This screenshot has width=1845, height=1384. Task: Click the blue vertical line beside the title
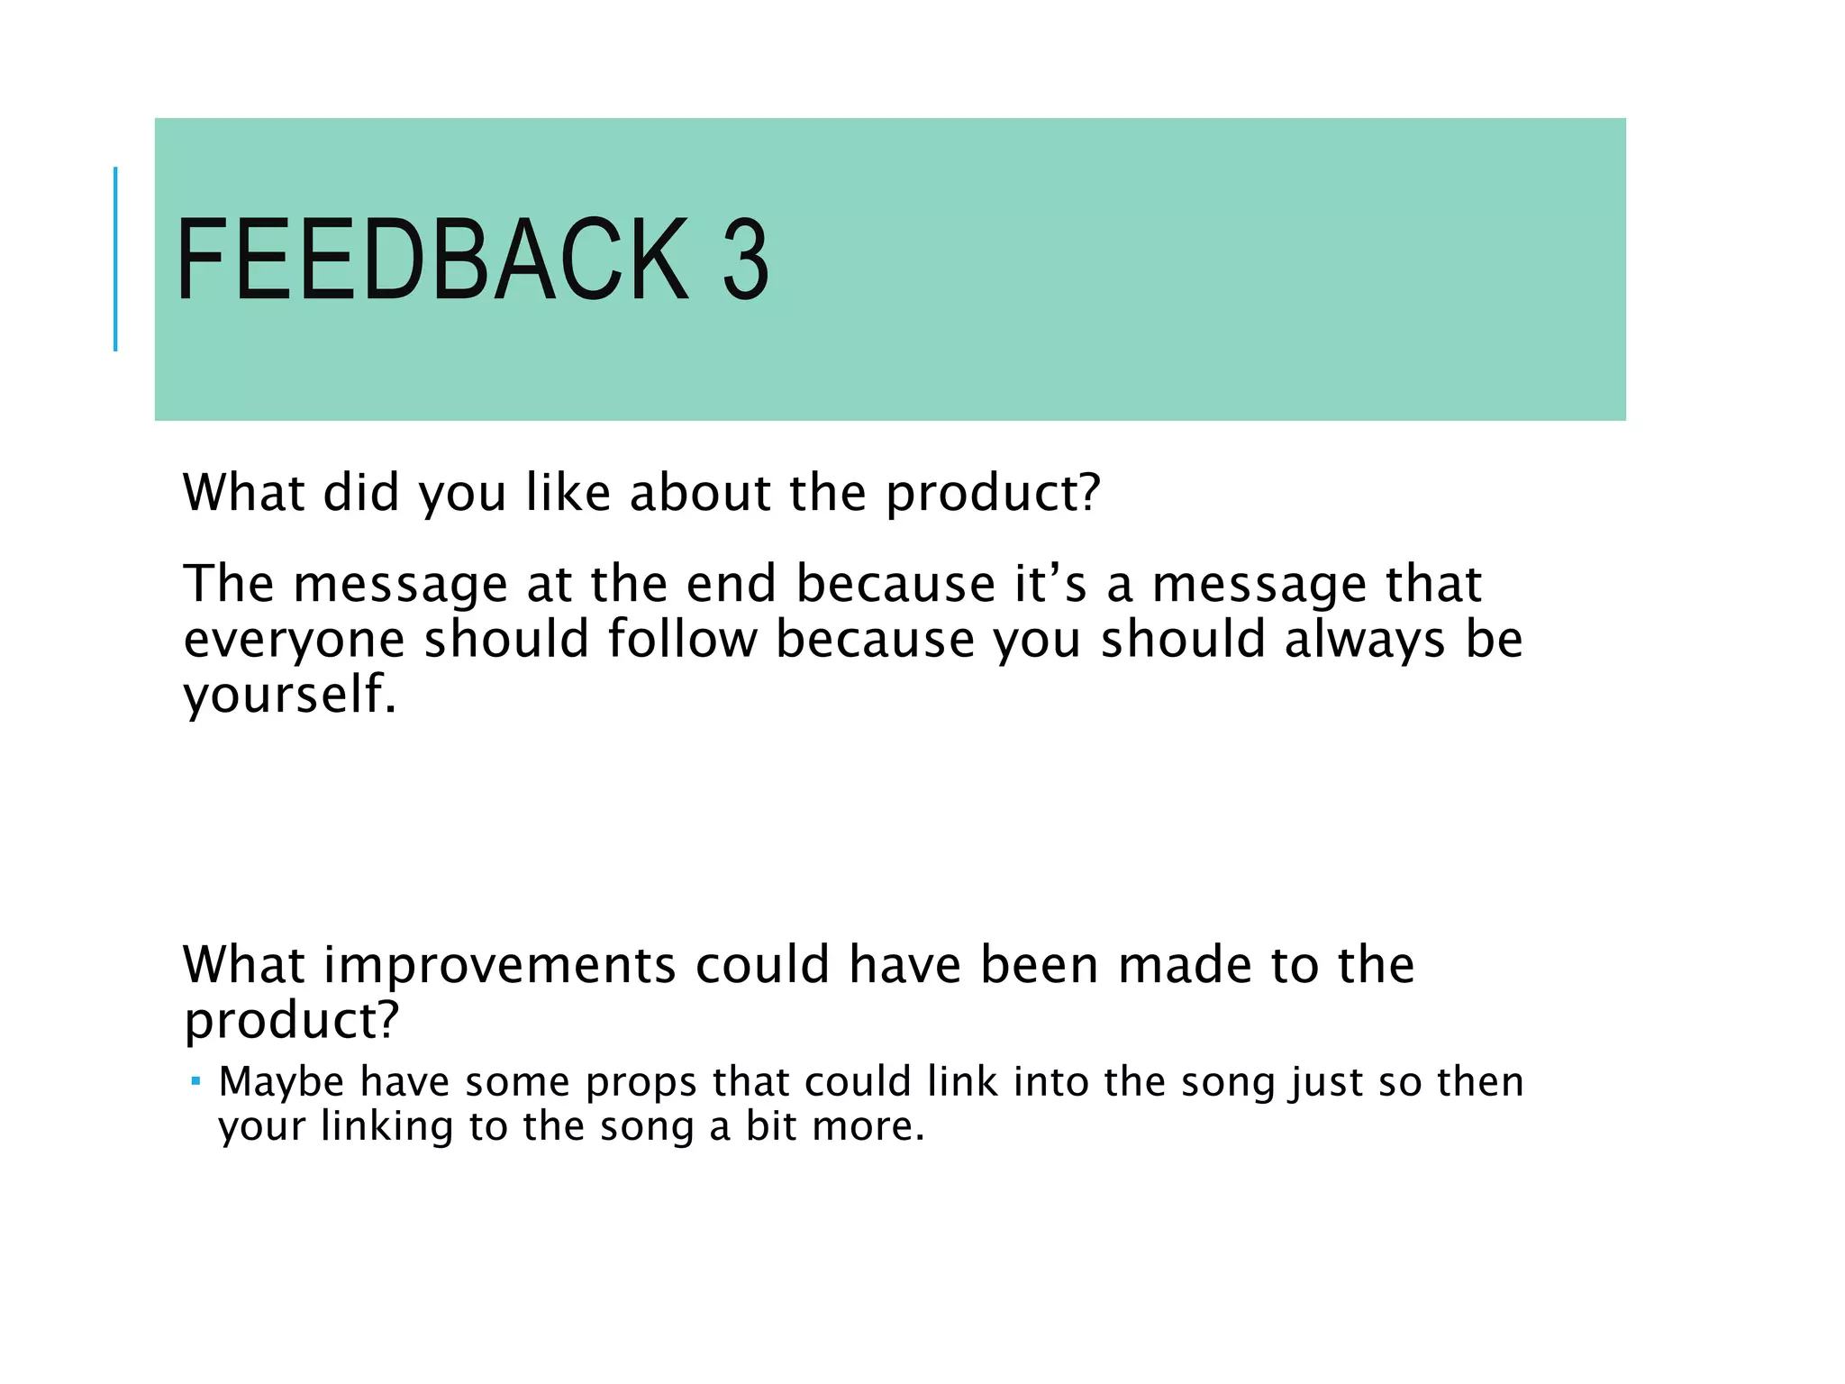point(115,259)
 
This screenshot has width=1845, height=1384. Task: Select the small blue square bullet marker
point(195,1079)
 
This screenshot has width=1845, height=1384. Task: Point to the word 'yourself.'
point(289,695)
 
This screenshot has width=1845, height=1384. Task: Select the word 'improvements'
point(499,964)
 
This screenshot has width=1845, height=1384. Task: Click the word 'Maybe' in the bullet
point(281,1081)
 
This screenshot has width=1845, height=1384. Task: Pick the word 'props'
point(641,1083)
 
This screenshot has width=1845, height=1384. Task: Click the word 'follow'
point(682,640)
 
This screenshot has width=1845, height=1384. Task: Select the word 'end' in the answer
point(731,584)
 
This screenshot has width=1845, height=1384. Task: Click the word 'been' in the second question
point(1039,964)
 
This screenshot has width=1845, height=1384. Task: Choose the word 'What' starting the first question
point(243,493)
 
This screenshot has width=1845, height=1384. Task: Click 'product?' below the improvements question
point(290,1021)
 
